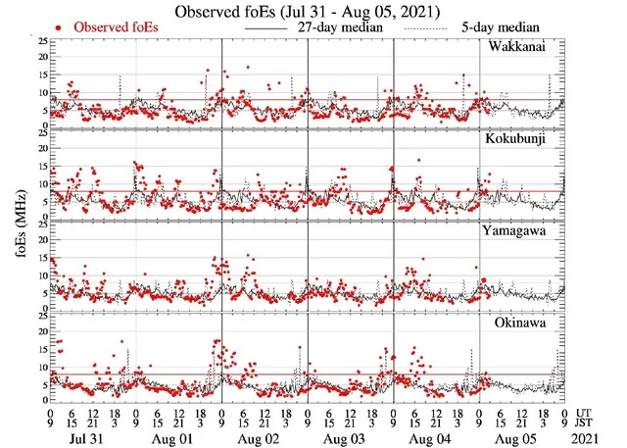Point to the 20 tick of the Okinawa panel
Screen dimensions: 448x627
pos(40,332)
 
